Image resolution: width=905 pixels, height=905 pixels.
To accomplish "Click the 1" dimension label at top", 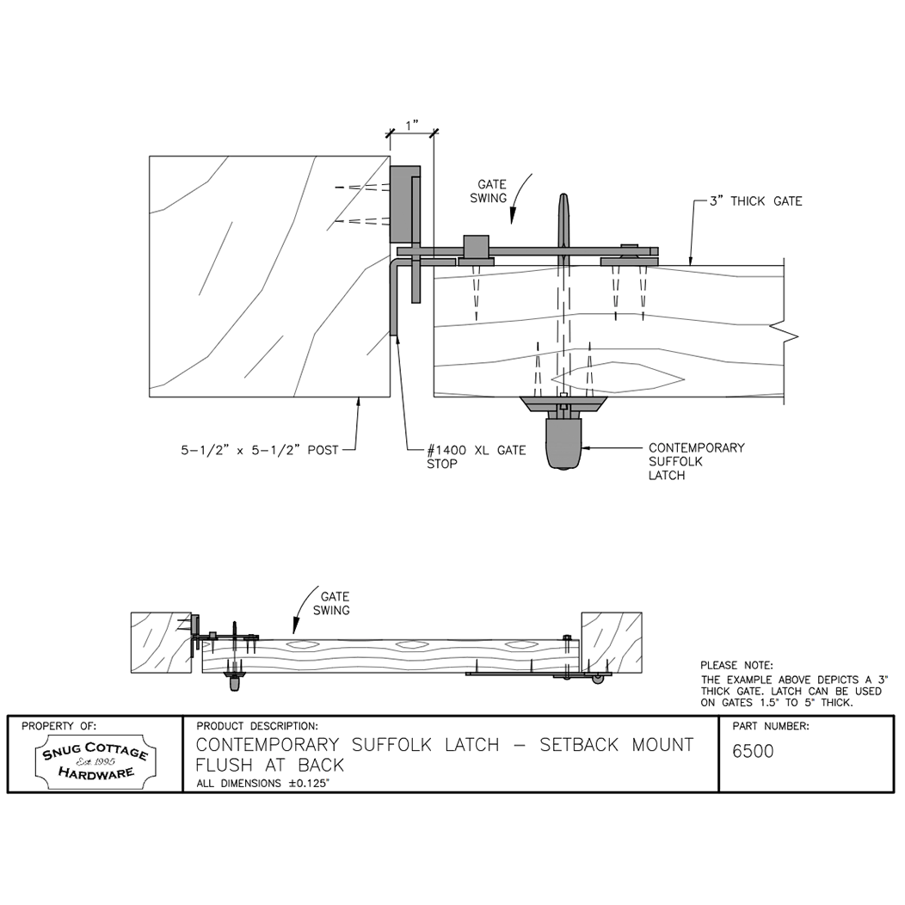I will pyautogui.click(x=411, y=125).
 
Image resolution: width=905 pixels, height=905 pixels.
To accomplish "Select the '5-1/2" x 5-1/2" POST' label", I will pyautogui.click(x=259, y=448).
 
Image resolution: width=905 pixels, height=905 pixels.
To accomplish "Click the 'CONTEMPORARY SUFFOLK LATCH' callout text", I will pyautogui.click(x=696, y=461).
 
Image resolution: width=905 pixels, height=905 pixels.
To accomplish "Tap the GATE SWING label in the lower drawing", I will pyautogui.click(x=335, y=603).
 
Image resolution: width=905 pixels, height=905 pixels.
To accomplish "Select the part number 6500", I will pyautogui.click(x=753, y=751).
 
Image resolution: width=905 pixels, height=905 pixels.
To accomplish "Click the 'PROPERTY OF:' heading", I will pyautogui.click(x=59, y=726).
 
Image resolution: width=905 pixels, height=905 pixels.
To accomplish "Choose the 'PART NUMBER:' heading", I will pyautogui.click(x=770, y=726).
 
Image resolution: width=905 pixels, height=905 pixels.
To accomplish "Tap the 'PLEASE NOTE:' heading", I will pyautogui.click(x=736, y=665).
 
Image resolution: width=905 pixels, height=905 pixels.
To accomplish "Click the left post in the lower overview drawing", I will pyautogui.click(x=160, y=642).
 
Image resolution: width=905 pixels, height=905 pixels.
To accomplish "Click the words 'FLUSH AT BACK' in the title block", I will pyautogui.click(x=270, y=765).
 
